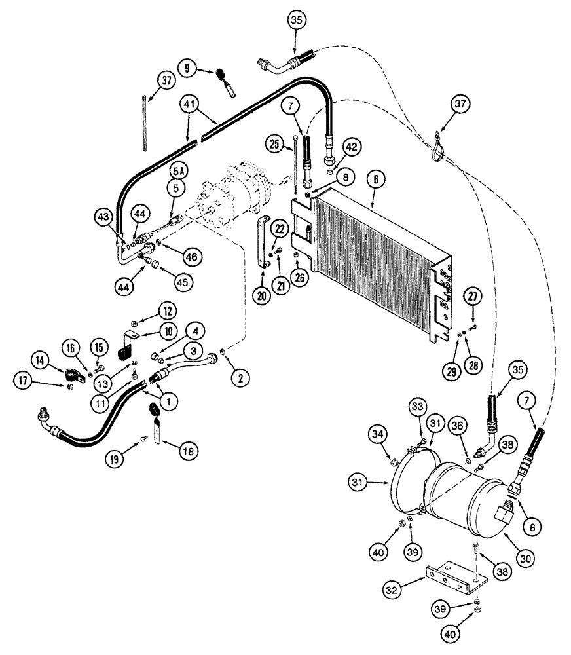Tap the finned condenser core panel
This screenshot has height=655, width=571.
380,259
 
